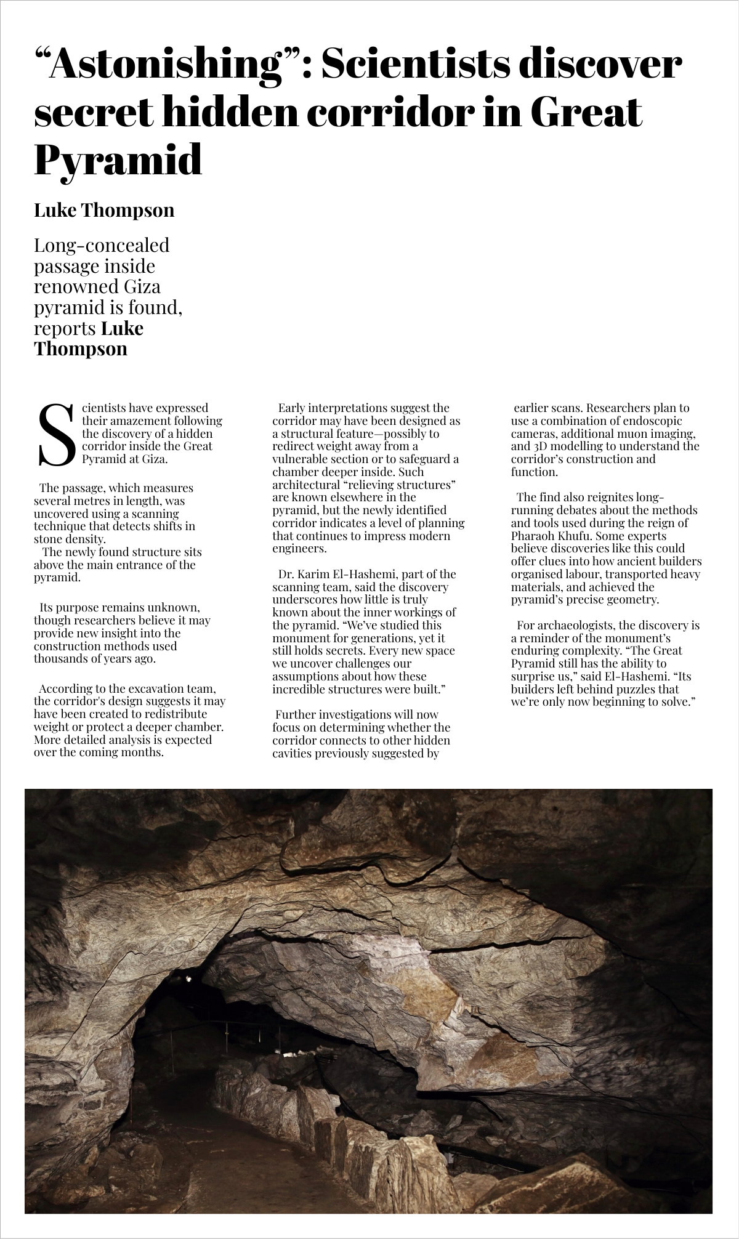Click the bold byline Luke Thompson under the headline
tap(104, 210)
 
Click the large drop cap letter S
tap(56, 435)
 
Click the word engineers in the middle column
tap(298, 549)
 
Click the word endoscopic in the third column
tap(652, 421)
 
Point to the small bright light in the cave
tap(188, 978)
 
